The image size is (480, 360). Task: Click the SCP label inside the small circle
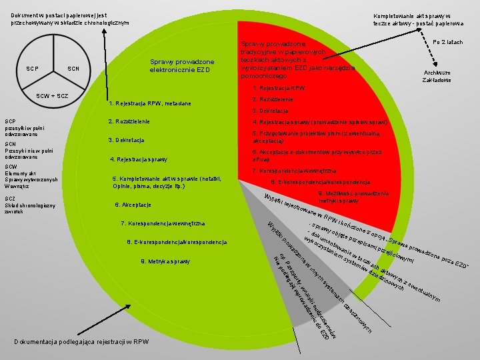coord(31,69)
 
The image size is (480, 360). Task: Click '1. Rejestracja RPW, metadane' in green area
coord(149,103)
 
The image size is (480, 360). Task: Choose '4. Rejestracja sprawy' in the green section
coord(139,159)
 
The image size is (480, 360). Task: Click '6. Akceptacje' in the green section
coord(133,204)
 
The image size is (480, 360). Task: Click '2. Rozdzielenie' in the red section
coord(273,99)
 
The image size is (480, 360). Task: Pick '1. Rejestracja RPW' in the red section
coord(279,88)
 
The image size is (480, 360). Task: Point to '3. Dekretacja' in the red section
coord(270,111)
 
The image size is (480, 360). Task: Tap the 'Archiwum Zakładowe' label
coord(437,77)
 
